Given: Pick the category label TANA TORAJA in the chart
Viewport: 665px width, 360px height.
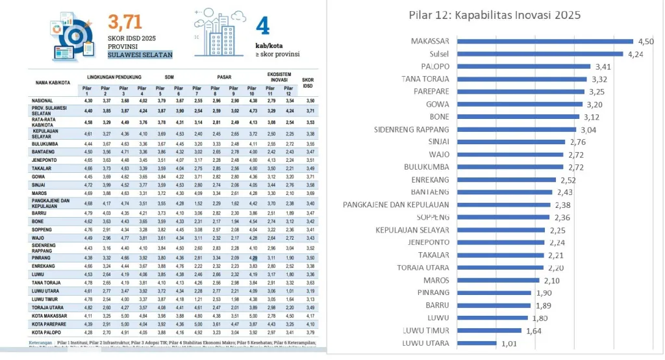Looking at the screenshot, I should pos(429,79).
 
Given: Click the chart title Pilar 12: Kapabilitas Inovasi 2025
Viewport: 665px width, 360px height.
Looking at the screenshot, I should pos(494,14).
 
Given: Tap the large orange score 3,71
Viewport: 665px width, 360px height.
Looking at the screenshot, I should pos(125,23).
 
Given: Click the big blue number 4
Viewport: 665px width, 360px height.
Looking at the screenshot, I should pos(262,26).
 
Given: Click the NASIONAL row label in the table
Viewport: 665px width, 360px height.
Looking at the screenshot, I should pos(43,100).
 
